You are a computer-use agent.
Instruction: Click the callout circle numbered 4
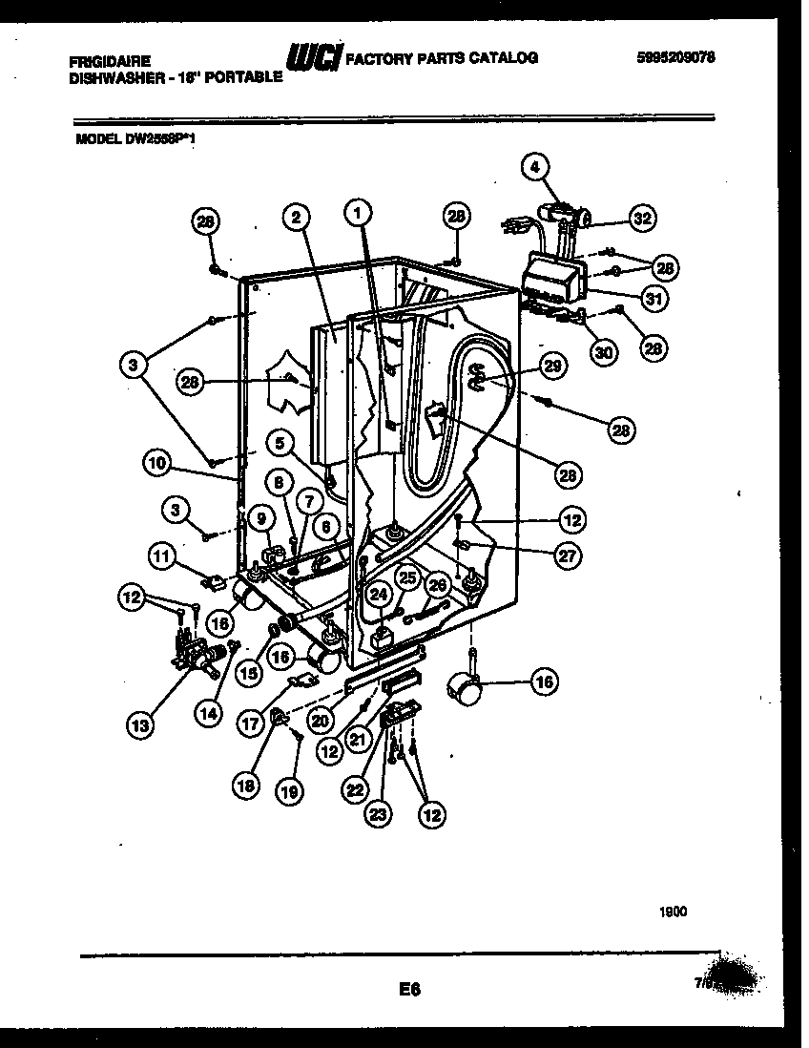(535, 168)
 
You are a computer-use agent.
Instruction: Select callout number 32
(642, 218)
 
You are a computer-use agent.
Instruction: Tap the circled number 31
(653, 299)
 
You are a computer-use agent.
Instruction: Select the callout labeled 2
(297, 218)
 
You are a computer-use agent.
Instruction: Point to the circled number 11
(163, 555)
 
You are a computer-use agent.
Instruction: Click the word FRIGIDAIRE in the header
(109, 59)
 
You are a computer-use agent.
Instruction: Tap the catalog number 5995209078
(675, 57)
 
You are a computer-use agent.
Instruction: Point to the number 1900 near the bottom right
(672, 912)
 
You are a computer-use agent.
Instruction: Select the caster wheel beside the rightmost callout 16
(464, 687)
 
